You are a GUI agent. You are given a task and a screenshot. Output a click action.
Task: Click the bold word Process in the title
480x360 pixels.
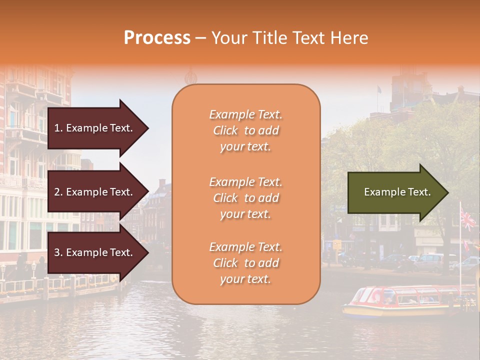[x=157, y=38]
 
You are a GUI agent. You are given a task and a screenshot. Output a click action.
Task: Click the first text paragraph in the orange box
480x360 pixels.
[x=245, y=130]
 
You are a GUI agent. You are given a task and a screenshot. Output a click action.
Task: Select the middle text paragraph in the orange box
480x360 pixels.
[x=245, y=198]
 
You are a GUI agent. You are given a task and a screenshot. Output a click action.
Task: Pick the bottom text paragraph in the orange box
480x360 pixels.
[x=245, y=263]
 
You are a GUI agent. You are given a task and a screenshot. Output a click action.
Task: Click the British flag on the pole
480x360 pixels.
[x=468, y=219]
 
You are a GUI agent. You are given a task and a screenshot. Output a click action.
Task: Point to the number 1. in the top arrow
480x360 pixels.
[x=58, y=128]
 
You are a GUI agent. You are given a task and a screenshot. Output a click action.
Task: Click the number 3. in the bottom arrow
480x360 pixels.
[x=58, y=252]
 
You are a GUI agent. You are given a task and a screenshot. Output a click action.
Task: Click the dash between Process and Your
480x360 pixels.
[x=200, y=38]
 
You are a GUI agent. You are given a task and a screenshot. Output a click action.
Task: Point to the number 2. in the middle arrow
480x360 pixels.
[x=58, y=192]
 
